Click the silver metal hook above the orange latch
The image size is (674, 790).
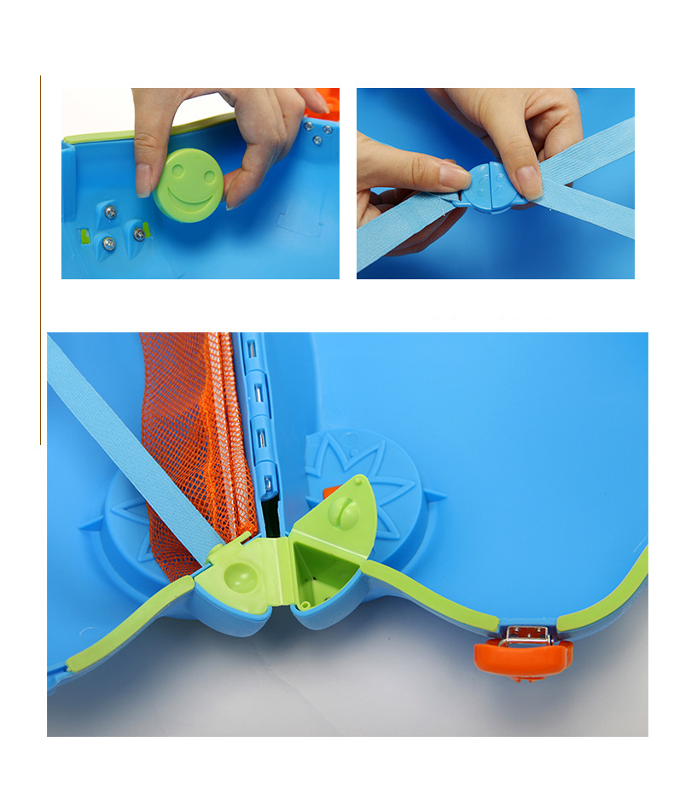(x=524, y=635)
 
